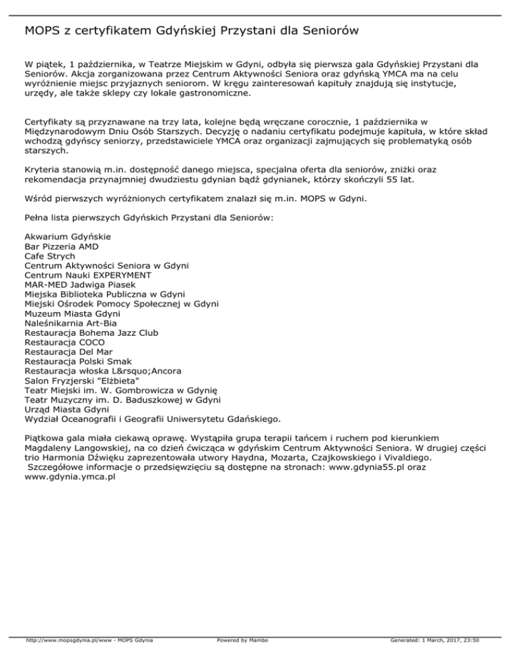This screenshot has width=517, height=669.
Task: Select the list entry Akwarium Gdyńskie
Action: coord(67,238)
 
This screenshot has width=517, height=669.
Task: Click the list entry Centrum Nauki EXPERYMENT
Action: coord(88,275)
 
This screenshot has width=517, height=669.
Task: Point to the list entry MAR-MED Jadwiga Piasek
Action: coord(79,285)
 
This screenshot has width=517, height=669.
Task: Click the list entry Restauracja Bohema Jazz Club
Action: coord(91,332)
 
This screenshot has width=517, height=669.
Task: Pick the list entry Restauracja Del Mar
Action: coord(68,351)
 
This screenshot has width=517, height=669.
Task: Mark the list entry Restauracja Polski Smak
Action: coord(78,361)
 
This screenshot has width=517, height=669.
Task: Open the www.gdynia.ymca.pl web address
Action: coord(70,477)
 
